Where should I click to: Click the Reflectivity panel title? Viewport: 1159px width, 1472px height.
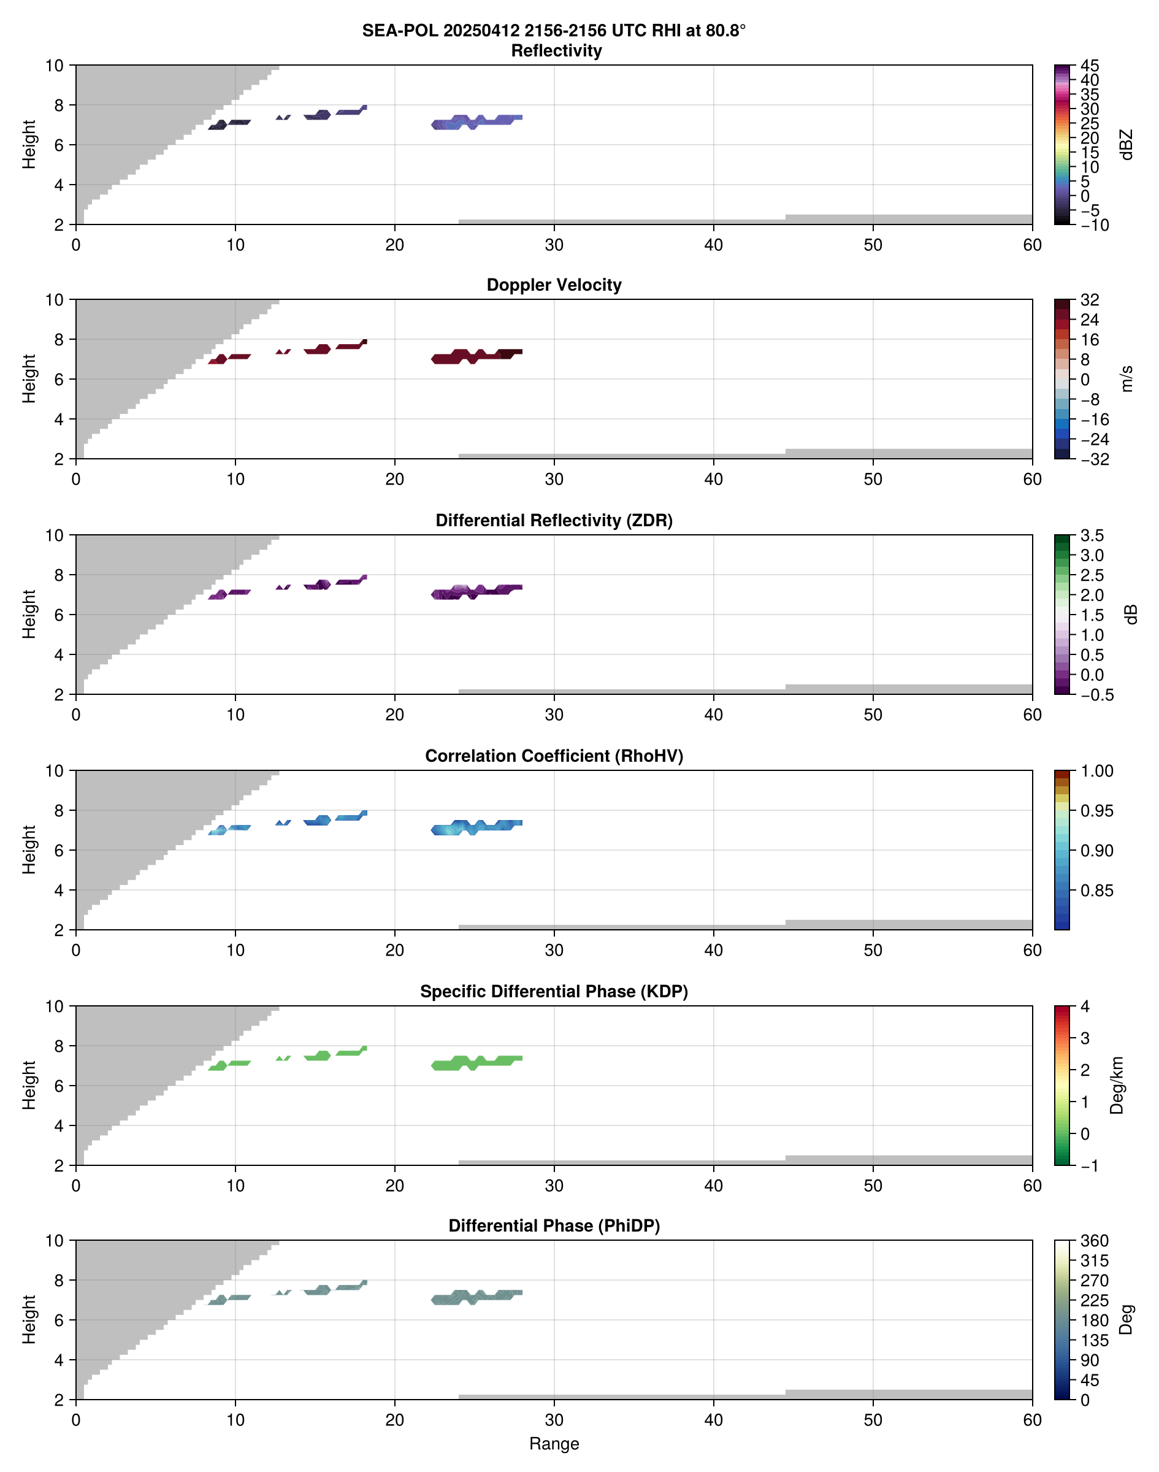(556, 51)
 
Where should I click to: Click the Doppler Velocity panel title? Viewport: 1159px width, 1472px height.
(554, 285)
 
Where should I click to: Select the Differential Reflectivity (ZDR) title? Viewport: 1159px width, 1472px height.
(554, 521)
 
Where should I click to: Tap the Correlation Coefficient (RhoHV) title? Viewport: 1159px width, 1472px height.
(554, 756)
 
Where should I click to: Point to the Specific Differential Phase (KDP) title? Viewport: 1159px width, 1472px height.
(554, 992)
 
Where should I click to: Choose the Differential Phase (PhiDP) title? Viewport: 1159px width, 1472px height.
(554, 1225)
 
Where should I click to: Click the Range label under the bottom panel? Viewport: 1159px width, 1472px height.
(554, 1444)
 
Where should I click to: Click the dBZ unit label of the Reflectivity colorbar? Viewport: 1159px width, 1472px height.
(1126, 145)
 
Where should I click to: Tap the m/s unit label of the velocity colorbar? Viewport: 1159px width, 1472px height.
(1126, 378)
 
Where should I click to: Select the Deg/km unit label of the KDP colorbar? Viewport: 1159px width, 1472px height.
(1116, 1085)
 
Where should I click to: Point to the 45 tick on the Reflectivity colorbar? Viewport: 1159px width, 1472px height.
(1090, 66)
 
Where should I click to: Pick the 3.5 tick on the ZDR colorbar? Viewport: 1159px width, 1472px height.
(1092, 535)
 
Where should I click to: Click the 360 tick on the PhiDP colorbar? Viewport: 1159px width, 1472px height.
(1094, 1241)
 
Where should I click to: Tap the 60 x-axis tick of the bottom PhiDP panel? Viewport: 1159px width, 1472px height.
(1032, 1420)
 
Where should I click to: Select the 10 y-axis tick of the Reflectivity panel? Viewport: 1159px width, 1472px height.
(55, 66)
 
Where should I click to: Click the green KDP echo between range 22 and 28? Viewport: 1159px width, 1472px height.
(475, 1063)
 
